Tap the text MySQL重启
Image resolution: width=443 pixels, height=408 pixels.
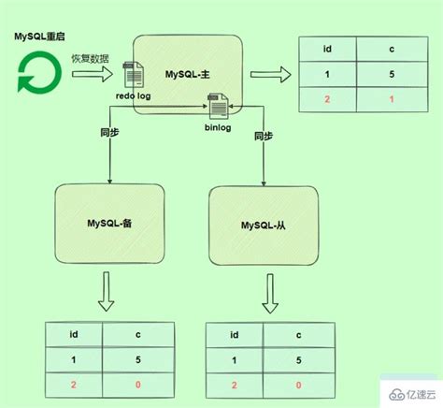[38, 36]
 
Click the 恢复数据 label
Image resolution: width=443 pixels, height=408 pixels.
[90, 59]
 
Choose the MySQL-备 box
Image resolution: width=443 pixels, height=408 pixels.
[110, 223]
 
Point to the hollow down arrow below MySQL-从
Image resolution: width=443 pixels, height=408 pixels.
[269, 297]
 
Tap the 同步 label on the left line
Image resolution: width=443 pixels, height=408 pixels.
[109, 134]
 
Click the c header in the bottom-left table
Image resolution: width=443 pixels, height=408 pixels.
[137, 335]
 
